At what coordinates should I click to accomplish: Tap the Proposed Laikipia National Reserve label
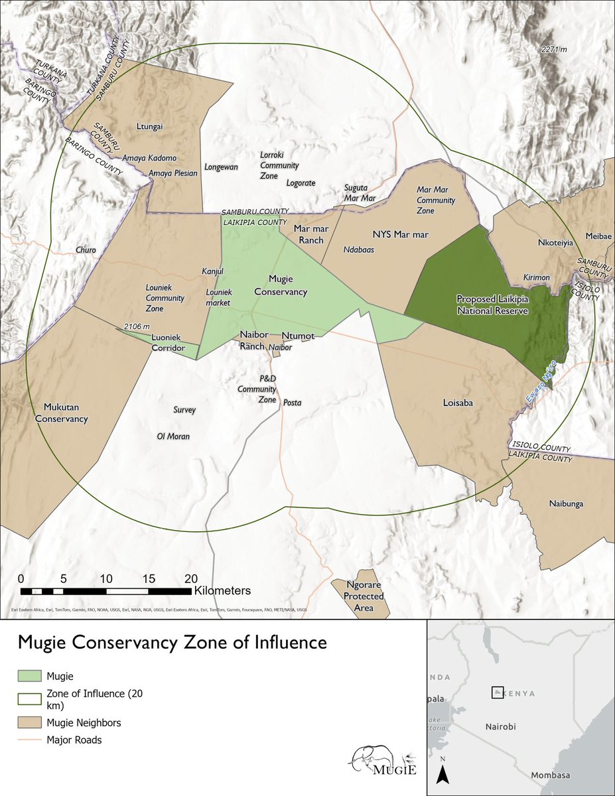pos(492,304)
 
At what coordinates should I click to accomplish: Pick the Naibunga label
pos(566,503)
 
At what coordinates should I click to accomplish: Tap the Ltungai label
pos(149,126)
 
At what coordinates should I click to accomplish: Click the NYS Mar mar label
pos(400,234)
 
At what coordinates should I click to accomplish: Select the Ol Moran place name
pos(173,436)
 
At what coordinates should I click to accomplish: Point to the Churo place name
pos(86,251)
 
